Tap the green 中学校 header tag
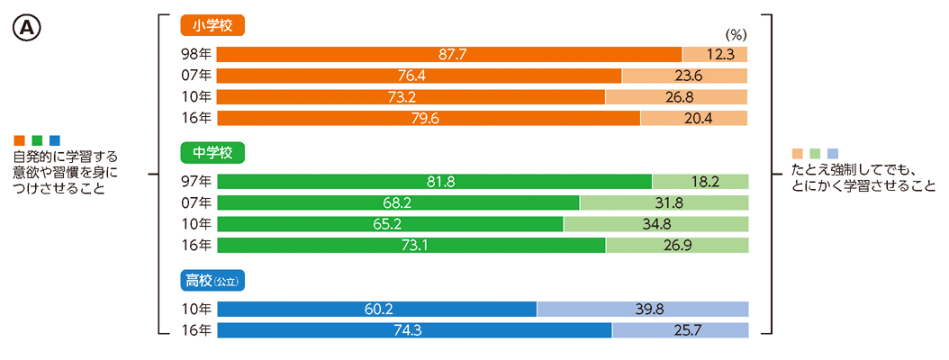pos(212,153)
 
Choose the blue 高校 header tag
pos(212,281)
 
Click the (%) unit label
pos(737,36)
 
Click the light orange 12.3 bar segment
pos(715,54)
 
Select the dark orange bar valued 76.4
pos(420,76)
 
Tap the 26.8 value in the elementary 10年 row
pos(677,96)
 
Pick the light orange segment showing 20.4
pos(694,118)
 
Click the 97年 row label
pos(196,182)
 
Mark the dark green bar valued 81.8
pos(435,182)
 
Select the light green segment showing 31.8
pos(664,202)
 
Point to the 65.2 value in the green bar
pos(391,224)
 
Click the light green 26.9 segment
pos(677,245)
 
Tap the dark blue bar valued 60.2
pos(377,309)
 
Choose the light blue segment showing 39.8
pos(643,309)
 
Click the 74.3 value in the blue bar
pos(415,330)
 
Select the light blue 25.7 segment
pos(680,330)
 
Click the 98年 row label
pos(196,54)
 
